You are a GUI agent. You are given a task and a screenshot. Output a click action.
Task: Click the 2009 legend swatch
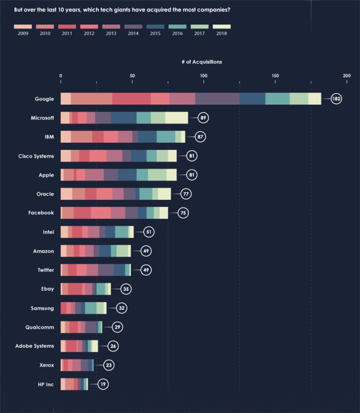pyautogui.click(x=22, y=27)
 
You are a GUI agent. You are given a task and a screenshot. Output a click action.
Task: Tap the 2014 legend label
pyautogui.click(x=133, y=34)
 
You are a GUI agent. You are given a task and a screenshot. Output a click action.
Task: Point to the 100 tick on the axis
pyautogui.click(x=203, y=76)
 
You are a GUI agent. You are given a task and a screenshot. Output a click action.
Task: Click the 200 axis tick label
pyautogui.click(x=346, y=76)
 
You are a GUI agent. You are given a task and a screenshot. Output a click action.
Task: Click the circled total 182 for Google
pyautogui.click(x=336, y=99)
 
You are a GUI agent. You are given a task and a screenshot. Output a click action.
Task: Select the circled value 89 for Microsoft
pyautogui.click(x=203, y=118)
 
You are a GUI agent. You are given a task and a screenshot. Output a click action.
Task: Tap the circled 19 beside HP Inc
pyautogui.click(x=103, y=384)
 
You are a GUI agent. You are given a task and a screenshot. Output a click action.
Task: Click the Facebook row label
pyautogui.click(x=41, y=213)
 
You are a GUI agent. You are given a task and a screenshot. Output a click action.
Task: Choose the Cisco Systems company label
pyautogui.click(x=36, y=156)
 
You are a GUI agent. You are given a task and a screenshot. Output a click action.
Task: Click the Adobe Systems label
pyautogui.click(x=35, y=346)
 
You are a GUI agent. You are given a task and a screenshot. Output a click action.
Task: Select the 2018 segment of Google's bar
pyautogui.click(x=315, y=99)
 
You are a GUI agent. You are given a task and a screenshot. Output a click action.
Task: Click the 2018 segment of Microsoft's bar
pyautogui.click(x=177, y=118)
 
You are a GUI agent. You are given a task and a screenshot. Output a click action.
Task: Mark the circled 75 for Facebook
pyautogui.click(x=183, y=213)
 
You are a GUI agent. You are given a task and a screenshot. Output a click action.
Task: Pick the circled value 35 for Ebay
pyautogui.click(x=126, y=289)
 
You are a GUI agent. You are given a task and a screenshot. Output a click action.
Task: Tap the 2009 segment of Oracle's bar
pyautogui.click(x=66, y=194)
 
